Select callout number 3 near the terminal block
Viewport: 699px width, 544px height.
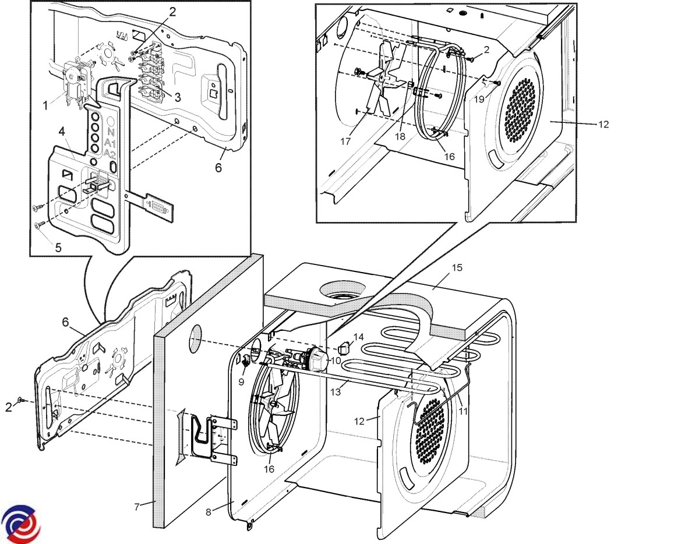point(178,98)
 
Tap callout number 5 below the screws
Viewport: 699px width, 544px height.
point(58,247)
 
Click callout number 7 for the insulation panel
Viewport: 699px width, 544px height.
point(137,506)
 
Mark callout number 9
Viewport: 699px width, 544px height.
point(241,383)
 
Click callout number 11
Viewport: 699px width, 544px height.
point(463,410)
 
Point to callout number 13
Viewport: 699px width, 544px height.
point(336,391)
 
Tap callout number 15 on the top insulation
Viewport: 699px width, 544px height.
point(457,267)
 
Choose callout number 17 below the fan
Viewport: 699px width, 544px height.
point(345,141)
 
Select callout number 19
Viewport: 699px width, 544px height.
point(479,100)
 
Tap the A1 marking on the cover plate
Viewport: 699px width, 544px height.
point(110,143)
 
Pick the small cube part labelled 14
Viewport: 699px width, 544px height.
point(343,348)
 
